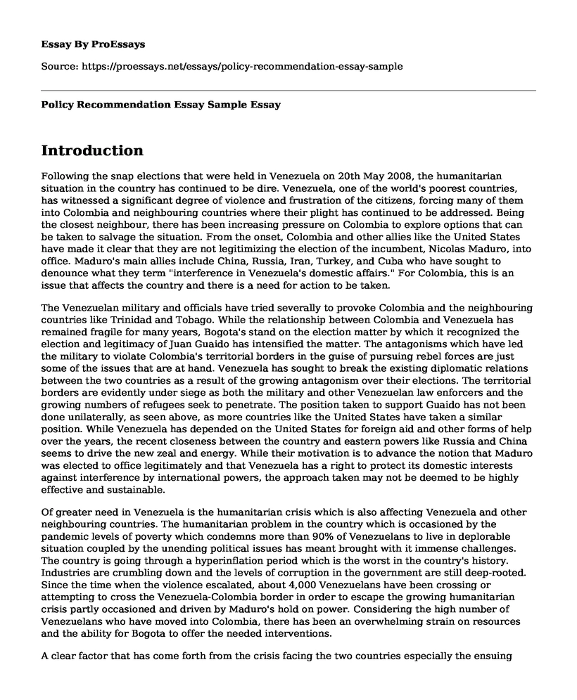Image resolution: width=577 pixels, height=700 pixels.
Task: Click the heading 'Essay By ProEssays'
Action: click(94, 44)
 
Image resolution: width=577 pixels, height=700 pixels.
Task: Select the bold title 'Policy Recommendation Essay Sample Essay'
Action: click(161, 105)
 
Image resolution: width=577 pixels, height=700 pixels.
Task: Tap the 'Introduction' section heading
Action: click(92, 150)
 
